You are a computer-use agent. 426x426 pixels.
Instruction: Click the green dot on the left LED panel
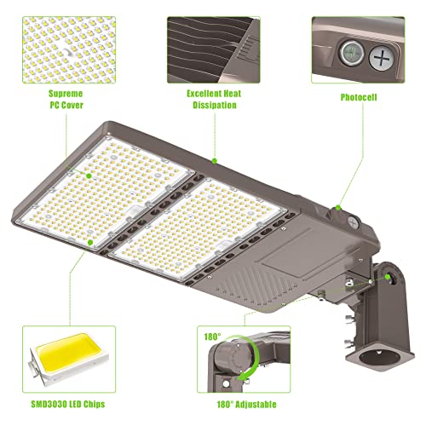[89, 241]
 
